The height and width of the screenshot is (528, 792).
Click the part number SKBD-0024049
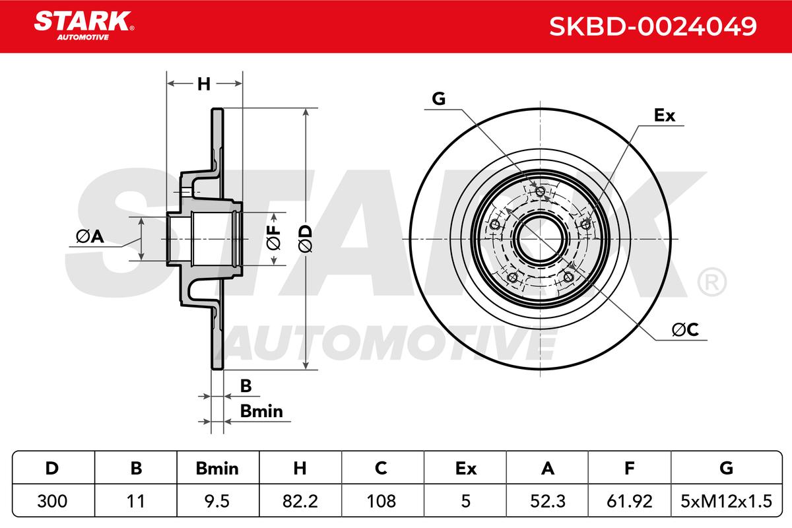point(653,26)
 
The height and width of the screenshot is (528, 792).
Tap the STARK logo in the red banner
point(84,26)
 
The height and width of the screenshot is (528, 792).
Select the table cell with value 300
point(52,501)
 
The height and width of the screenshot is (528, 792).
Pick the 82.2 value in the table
point(300,501)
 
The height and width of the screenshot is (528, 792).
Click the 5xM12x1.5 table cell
point(726,501)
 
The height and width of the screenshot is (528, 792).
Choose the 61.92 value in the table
point(630,501)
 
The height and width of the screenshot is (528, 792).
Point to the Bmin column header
point(217,469)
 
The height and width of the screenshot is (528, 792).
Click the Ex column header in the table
point(466,469)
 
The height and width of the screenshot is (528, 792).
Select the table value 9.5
point(217,501)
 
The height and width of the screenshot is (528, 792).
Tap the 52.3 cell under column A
point(547,501)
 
